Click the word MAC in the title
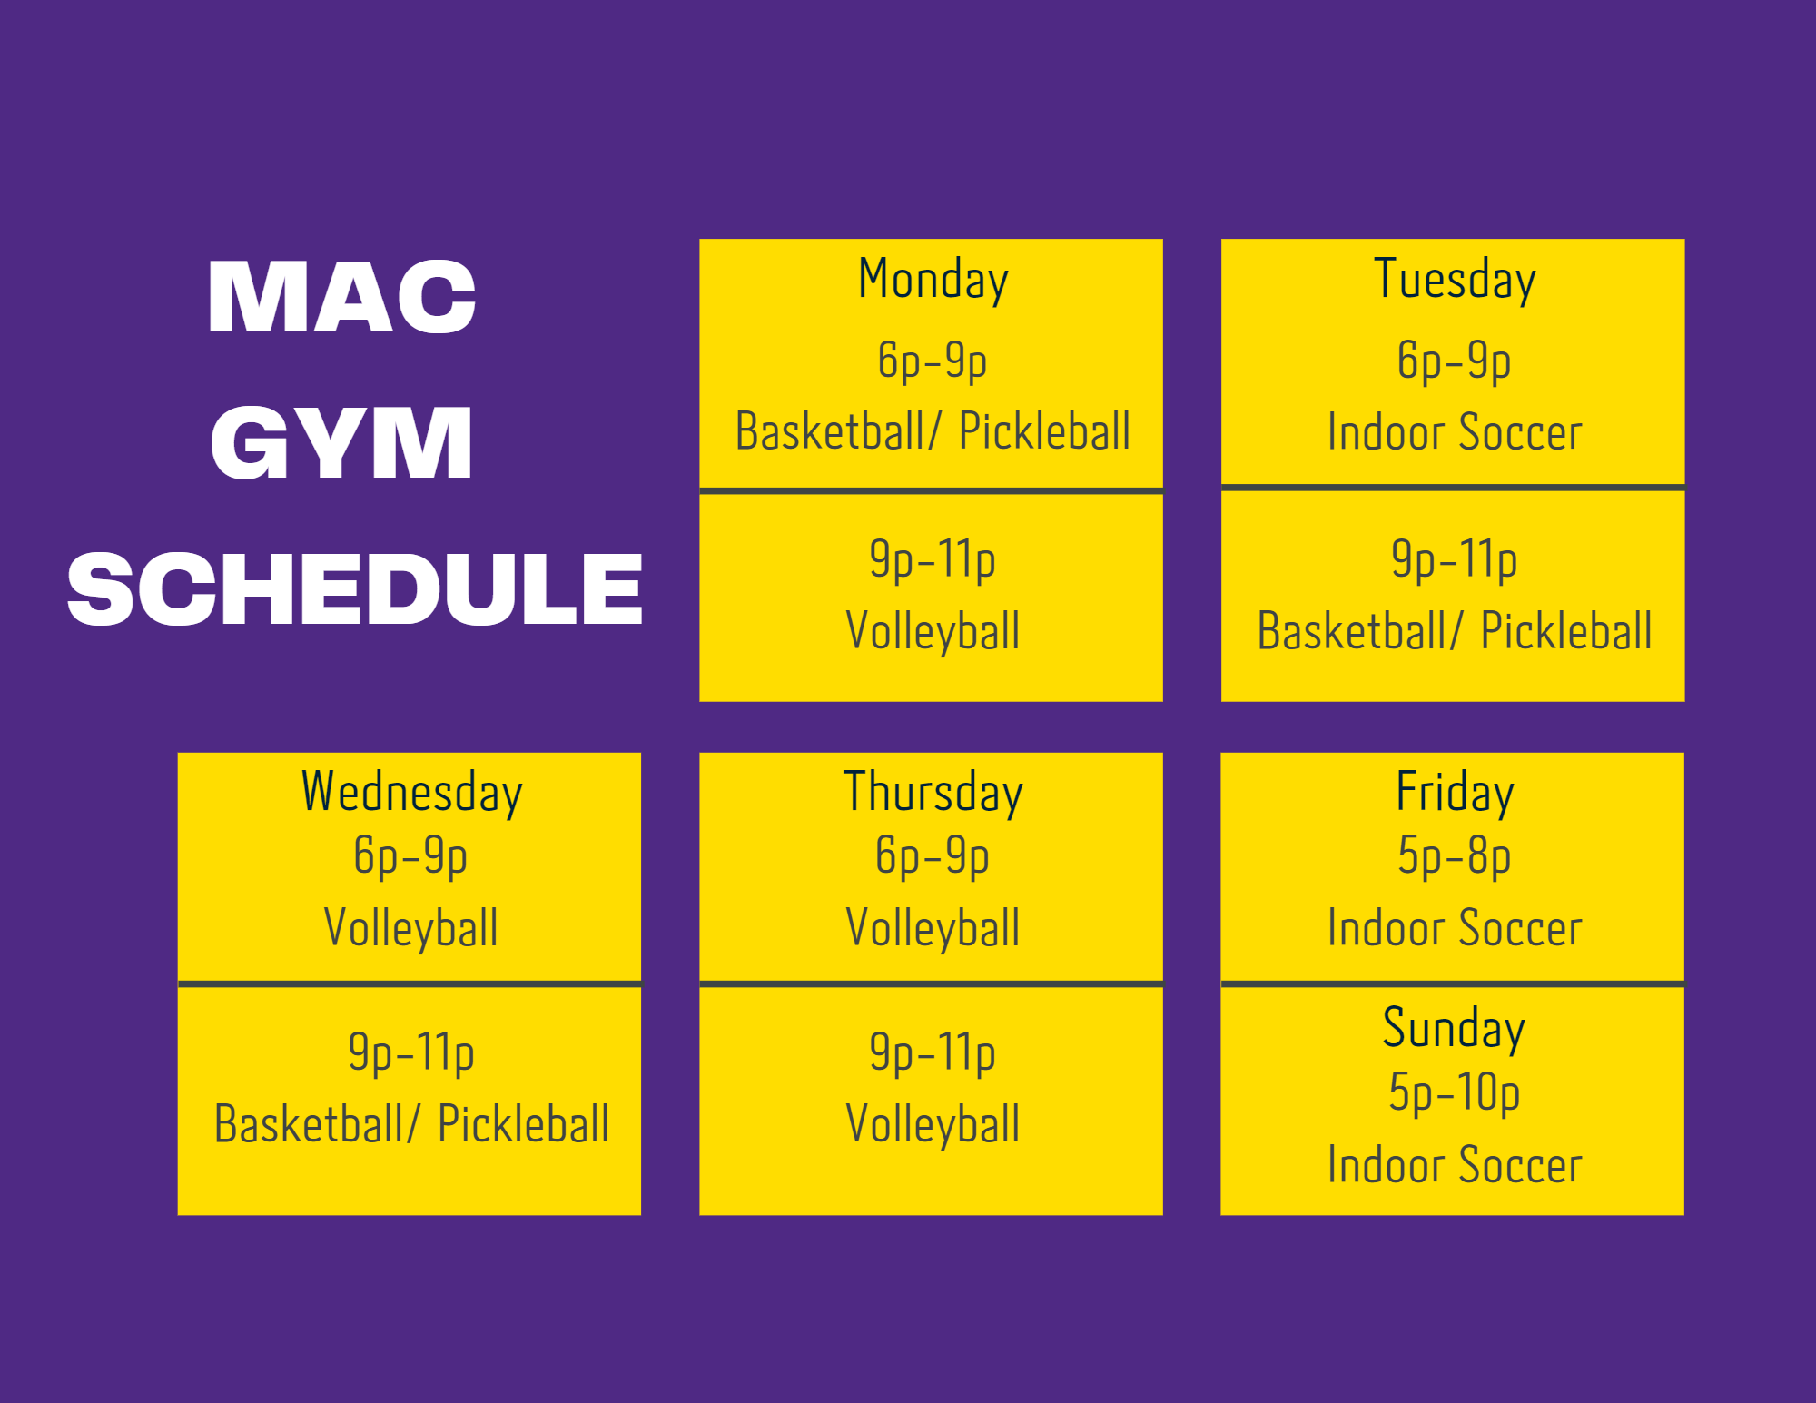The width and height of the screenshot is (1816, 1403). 341,296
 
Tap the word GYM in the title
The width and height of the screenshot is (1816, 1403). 341,442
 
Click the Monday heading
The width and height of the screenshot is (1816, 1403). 933,280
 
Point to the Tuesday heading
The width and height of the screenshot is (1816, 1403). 1455,280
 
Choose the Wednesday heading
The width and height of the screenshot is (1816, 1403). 411,793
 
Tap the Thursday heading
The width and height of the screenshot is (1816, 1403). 933,793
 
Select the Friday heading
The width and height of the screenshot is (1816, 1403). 1455,793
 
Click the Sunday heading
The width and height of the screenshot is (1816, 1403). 1454,1029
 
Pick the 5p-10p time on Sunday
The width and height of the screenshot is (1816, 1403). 1454,1092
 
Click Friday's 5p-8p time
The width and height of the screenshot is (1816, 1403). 1454,856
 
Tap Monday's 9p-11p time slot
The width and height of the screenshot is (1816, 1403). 933,559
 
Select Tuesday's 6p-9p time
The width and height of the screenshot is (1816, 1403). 1454,361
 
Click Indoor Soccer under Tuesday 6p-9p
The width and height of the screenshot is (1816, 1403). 1455,432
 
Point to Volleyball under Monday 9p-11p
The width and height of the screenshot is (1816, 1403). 933,632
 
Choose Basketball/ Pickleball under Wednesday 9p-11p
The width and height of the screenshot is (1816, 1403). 411,1124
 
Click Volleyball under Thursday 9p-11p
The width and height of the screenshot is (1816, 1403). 933,1125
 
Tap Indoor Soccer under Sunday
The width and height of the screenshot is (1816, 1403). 1455,1165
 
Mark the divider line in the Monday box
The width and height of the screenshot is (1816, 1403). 931,491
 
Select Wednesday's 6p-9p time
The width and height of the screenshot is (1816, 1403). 410,856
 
